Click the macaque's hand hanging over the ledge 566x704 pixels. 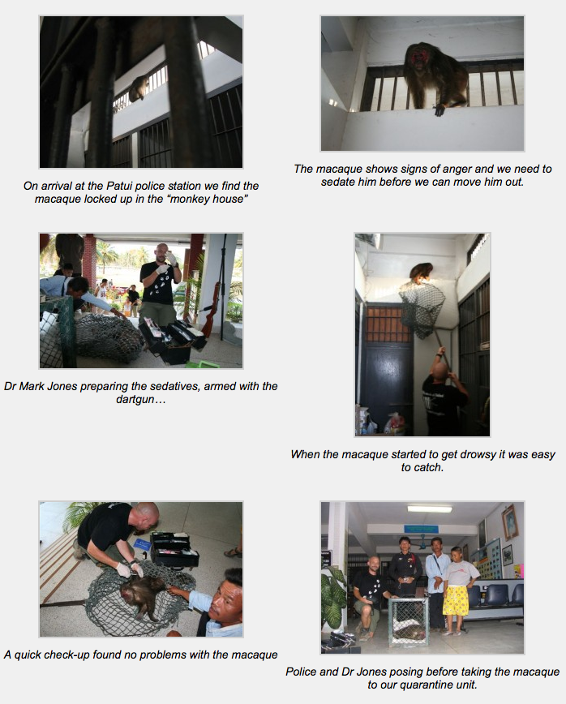click(x=440, y=110)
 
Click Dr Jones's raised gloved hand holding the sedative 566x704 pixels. click(x=171, y=257)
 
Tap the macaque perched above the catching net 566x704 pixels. click(x=421, y=274)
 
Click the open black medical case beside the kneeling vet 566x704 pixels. click(x=175, y=550)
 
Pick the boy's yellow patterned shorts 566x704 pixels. click(x=456, y=600)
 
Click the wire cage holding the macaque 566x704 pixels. click(x=408, y=621)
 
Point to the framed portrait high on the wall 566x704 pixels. click(x=509, y=522)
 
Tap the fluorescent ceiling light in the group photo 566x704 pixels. click(x=430, y=509)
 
